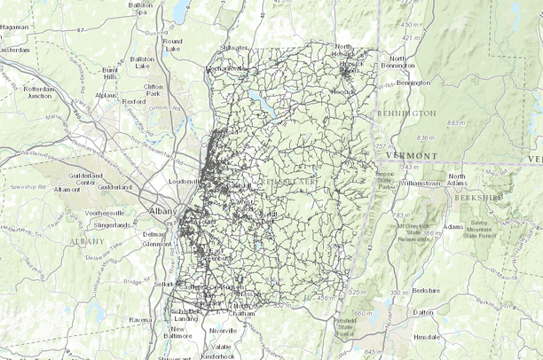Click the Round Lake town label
172,44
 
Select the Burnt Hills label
110,72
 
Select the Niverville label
223,330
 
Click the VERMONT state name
413,154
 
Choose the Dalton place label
425,311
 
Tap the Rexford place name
134,101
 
